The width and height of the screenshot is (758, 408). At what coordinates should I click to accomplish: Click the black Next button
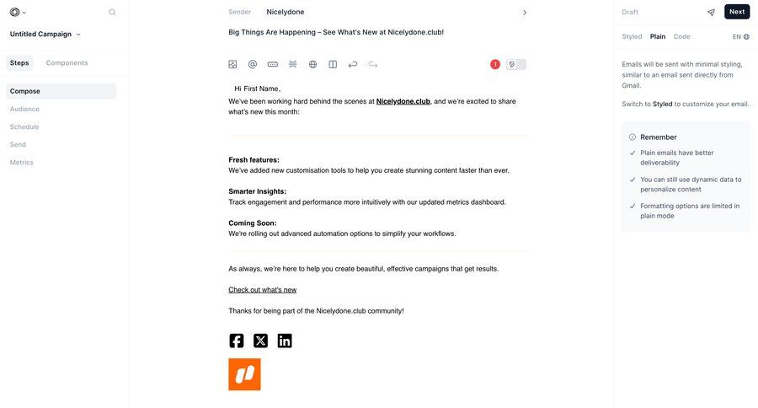pyautogui.click(x=736, y=12)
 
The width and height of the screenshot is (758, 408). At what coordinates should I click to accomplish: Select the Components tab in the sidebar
pyautogui.click(x=67, y=63)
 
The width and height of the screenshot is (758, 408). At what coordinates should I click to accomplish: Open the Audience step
pyautogui.click(x=24, y=109)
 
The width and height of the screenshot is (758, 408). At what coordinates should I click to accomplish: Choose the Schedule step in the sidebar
pyautogui.click(x=24, y=126)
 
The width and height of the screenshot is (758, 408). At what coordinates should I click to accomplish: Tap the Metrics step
pyautogui.click(x=22, y=162)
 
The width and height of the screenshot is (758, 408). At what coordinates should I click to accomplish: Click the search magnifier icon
pyautogui.click(x=112, y=13)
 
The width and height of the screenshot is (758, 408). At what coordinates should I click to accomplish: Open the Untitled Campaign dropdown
pyautogui.click(x=45, y=35)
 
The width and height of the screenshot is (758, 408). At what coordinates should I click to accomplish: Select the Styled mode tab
pyautogui.click(x=632, y=37)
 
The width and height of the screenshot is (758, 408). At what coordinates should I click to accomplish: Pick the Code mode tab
pyautogui.click(x=681, y=37)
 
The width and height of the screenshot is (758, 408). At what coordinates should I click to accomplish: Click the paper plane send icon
pyautogui.click(x=711, y=13)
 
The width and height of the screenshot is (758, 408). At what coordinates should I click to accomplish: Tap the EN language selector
pyautogui.click(x=740, y=37)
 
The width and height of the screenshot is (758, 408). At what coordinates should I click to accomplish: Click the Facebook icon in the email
pyautogui.click(x=237, y=341)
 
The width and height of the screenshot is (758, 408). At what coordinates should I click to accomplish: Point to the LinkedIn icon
pyautogui.click(x=285, y=341)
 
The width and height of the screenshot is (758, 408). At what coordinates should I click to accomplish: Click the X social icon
pyautogui.click(x=260, y=341)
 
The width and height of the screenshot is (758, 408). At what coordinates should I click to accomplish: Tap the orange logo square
pyautogui.click(x=244, y=374)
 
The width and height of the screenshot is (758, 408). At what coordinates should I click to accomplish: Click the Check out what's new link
pyautogui.click(x=262, y=290)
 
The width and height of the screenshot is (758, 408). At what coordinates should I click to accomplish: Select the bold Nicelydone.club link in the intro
pyautogui.click(x=403, y=101)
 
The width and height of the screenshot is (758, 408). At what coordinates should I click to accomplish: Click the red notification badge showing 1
pyautogui.click(x=494, y=64)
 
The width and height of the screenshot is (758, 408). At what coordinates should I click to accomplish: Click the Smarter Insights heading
pyautogui.click(x=257, y=191)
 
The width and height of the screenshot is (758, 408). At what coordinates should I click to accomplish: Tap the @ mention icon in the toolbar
pyautogui.click(x=253, y=64)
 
